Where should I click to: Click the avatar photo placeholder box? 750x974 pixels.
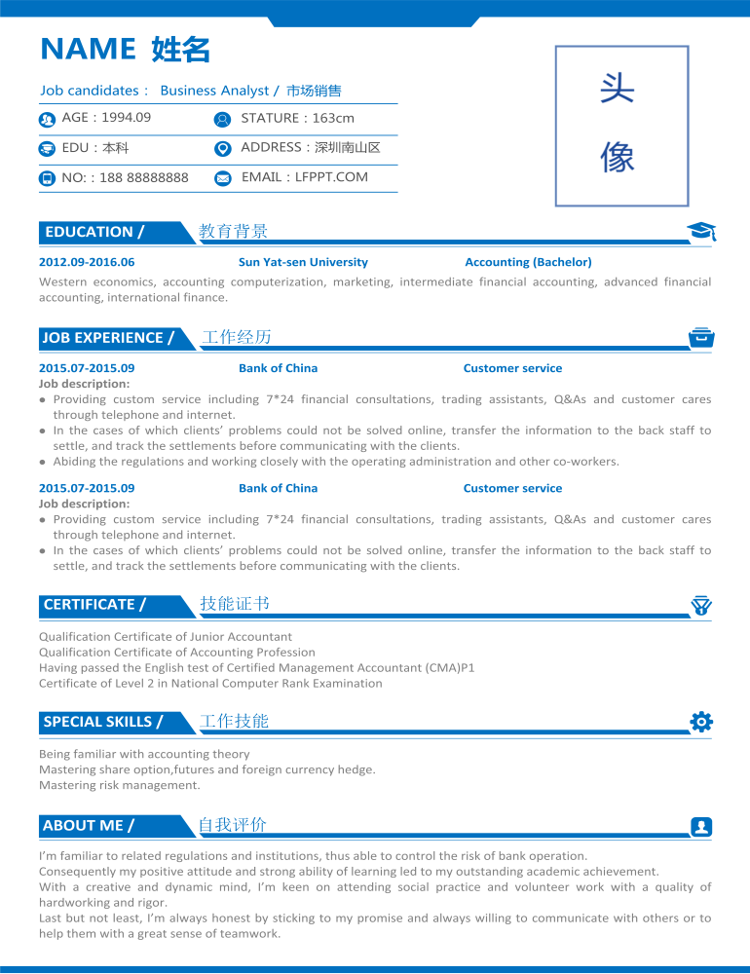tap(621, 126)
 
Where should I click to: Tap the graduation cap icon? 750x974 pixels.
tap(701, 231)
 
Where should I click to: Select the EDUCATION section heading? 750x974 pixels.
tap(94, 232)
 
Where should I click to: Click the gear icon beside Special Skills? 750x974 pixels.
tap(701, 722)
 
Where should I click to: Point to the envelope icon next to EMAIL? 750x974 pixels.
tap(222, 178)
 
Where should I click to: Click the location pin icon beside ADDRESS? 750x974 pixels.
tap(222, 149)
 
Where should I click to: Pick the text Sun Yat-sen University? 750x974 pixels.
tap(303, 262)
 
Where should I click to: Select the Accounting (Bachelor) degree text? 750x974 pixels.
tap(528, 262)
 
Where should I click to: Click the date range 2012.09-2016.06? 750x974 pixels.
tap(87, 262)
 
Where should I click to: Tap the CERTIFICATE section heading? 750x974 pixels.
tap(94, 605)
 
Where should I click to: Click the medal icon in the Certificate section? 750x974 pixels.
tap(701, 605)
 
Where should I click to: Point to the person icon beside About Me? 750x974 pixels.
tap(701, 827)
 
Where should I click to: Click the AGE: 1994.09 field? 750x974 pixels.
tap(106, 118)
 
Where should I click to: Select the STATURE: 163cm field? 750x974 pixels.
tap(297, 118)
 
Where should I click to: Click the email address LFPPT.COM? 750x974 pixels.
tap(331, 177)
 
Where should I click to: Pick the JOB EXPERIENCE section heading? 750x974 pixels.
tap(107, 338)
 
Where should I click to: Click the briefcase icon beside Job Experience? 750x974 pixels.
tap(701, 337)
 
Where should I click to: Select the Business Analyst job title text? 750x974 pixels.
tap(214, 91)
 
